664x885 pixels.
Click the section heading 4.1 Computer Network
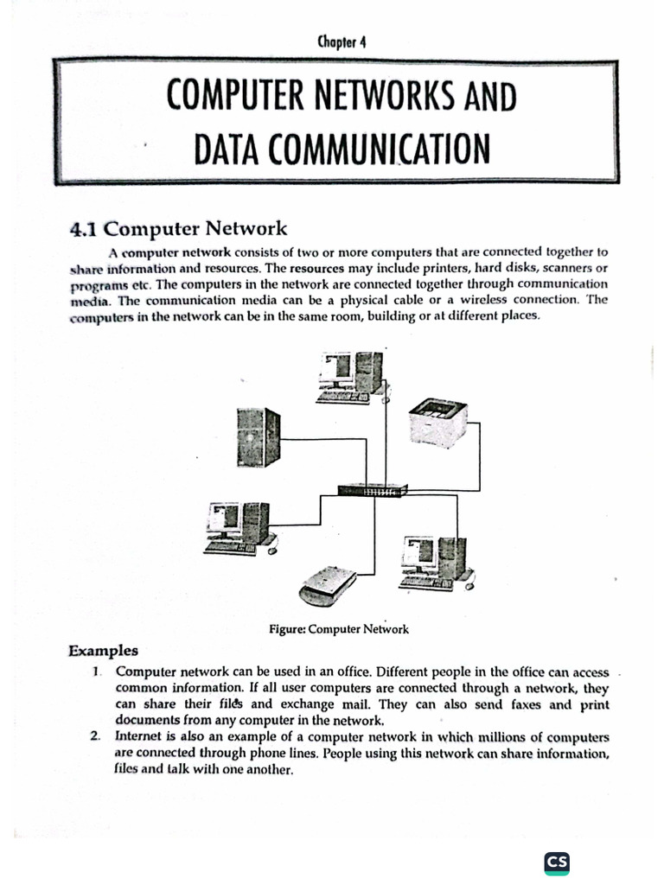(x=177, y=228)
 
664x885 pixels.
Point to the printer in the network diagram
(x=437, y=423)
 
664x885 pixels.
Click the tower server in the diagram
(x=259, y=436)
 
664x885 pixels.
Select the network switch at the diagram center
(x=372, y=490)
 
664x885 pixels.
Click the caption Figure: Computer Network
(x=339, y=629)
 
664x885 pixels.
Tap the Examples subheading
(x=103, y=650)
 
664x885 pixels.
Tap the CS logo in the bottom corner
(x=557, y=862)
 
